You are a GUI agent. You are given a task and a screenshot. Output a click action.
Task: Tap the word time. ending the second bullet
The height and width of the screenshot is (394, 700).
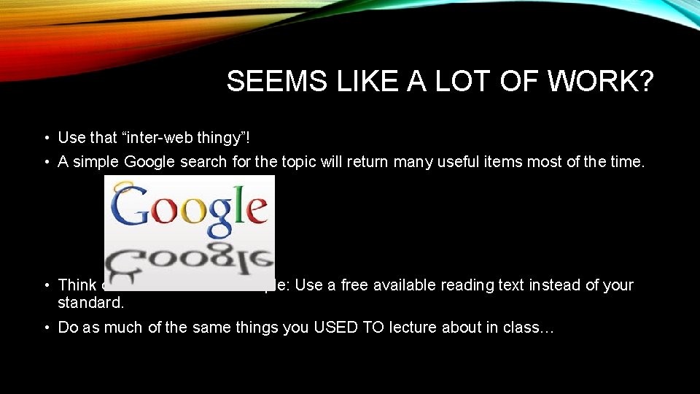[x=626, y=161]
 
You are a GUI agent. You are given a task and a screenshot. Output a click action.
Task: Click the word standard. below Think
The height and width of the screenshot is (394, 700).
[x=86, y=301]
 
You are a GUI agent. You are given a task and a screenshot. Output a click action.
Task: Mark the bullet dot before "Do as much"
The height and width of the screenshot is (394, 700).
[x=46, y=328]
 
